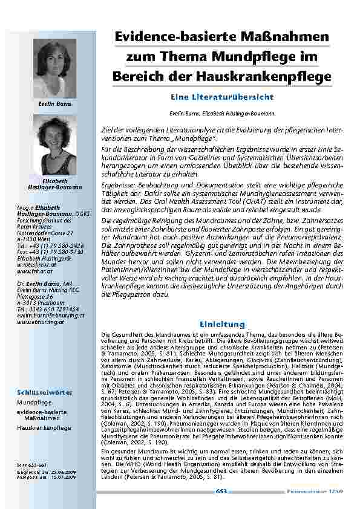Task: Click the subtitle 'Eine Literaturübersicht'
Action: [x=221, y=97]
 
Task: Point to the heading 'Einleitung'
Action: [x=221, y=323]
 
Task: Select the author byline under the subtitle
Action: [x=221, y=113]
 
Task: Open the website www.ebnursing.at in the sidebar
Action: [x=38, y=322]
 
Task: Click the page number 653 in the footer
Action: [x=221, y=493]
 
